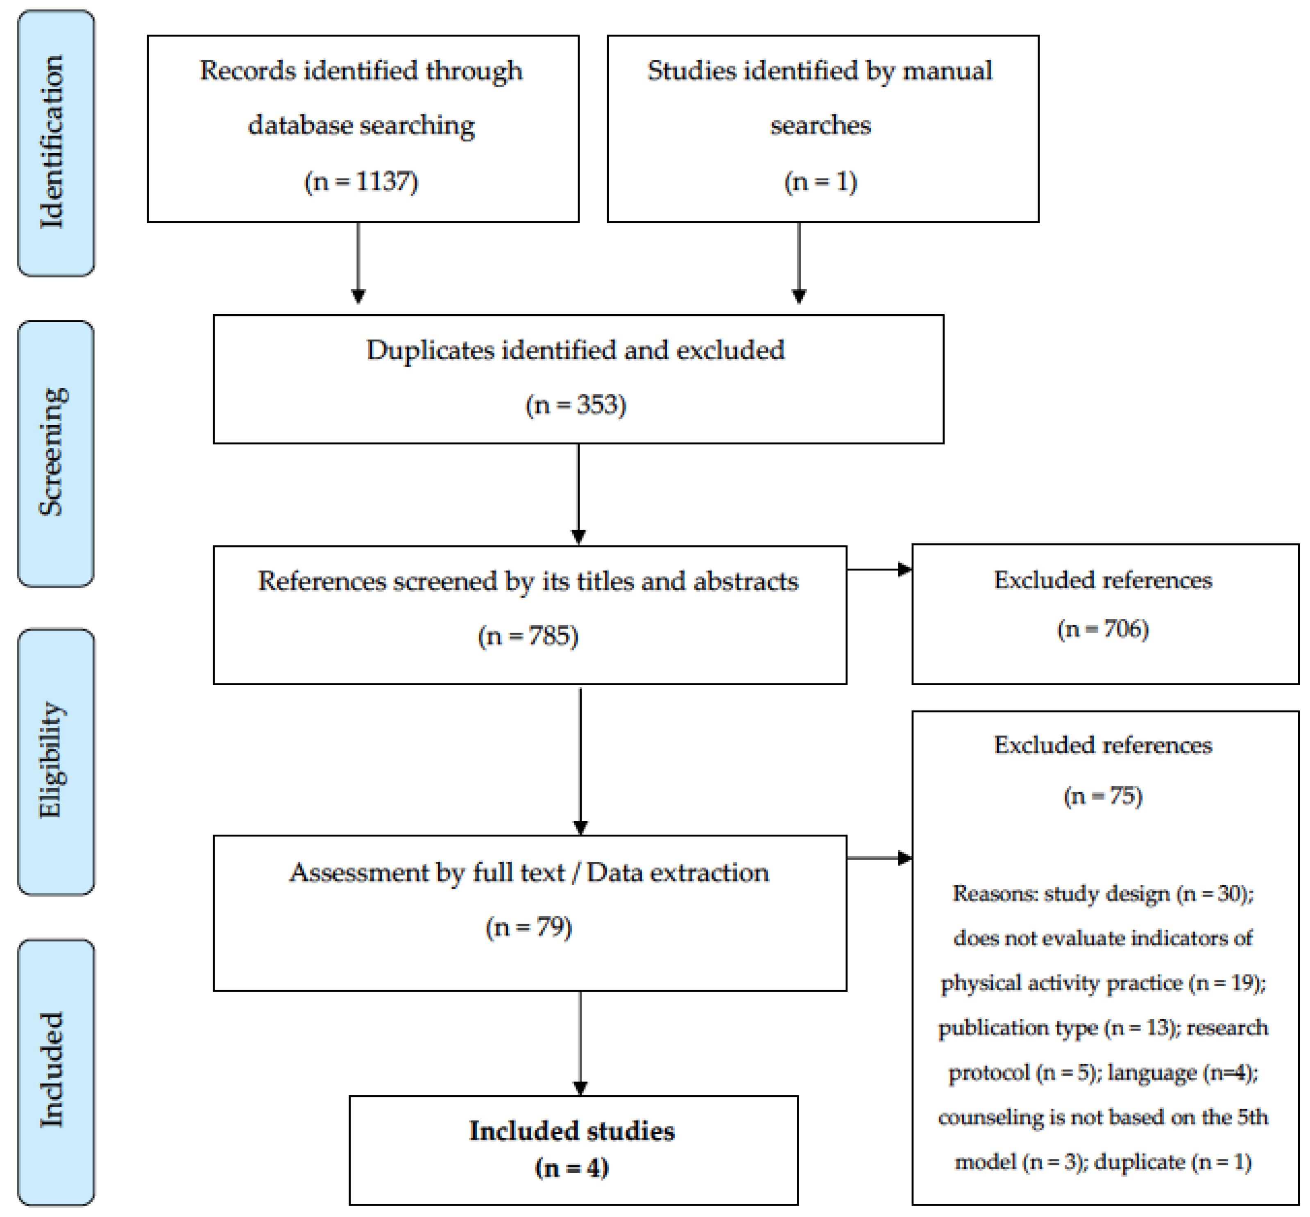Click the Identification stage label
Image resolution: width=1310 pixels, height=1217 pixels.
[x=53, y=142]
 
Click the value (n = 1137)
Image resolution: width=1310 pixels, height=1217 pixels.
[x=361, y=181]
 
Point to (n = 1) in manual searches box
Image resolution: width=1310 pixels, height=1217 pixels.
[x=820, y=181]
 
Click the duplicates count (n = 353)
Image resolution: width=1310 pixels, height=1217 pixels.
[x=576, y=404]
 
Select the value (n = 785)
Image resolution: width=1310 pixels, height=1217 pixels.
[x=528, y=636]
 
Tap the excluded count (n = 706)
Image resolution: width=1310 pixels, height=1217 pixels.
[x=1103, y=629]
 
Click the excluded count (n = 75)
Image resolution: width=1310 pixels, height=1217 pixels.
[x=1103, y=795]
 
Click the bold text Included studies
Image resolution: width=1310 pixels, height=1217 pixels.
[x=571, y=1131]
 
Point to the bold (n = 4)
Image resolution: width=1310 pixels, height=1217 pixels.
[x=571, y=1167]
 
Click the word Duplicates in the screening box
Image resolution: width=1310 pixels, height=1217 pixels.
[x=430, y=350]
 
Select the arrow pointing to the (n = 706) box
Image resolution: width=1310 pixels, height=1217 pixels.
[x=882, y=569]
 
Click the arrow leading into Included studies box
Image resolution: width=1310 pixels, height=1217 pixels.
[x=580, y=1047]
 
